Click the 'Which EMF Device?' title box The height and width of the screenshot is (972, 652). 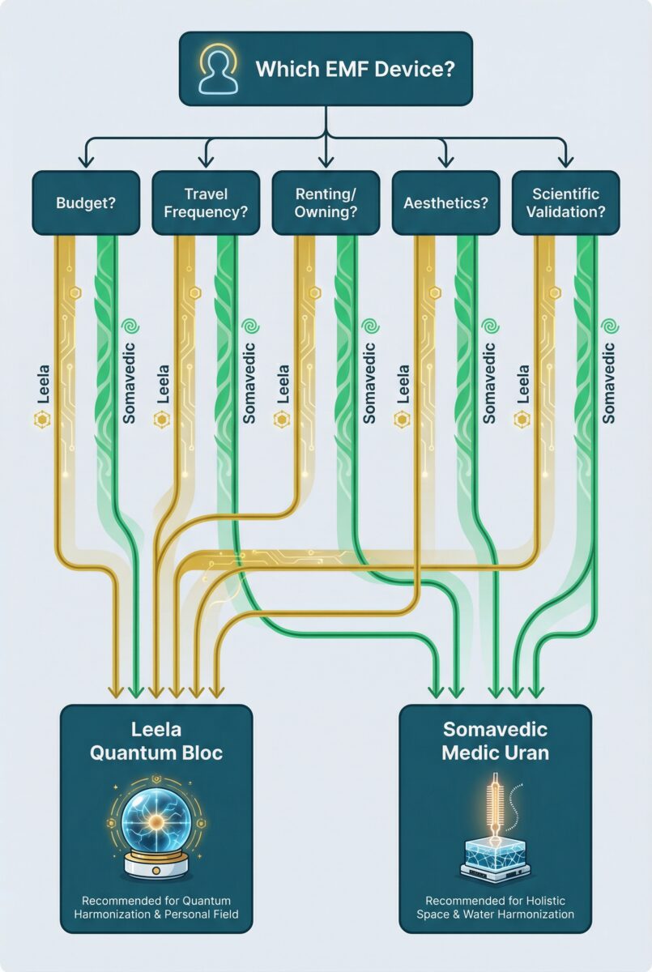tap(326, 69)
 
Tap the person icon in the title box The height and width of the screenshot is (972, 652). tap(217, 70)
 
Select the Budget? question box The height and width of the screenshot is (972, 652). tap(85, 203)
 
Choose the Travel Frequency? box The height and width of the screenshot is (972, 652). tap(206, 203)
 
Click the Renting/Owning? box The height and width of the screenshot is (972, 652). tap(326, 203)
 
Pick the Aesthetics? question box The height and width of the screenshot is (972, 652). tap(445, 203)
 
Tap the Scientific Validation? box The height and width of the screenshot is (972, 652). tap(565, 203)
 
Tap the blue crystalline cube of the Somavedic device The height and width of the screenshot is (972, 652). tap(496, 850)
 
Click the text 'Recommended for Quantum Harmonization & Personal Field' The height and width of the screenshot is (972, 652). tap(156, 907)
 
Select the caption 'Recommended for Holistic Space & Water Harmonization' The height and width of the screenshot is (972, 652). tap(496, 907)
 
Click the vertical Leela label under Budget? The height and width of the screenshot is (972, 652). tap(43, 381)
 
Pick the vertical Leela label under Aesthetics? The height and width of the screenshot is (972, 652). tap(404, 381)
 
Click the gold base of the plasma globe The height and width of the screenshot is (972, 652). tap(156, 864)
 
